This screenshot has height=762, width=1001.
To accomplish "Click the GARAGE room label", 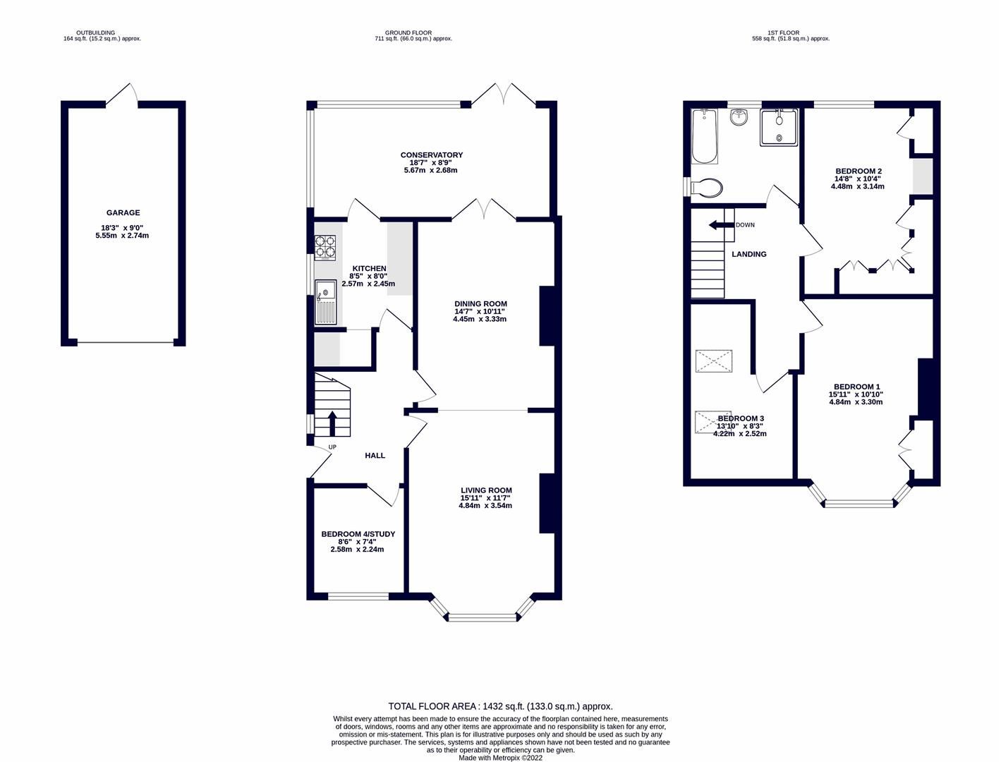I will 123,212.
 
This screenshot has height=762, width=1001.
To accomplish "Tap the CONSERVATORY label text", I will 431,155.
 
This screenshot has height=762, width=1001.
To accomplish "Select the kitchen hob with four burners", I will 324,247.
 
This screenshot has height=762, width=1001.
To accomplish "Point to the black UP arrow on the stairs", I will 332,422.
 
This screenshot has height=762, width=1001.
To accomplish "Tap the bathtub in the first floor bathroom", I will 704,135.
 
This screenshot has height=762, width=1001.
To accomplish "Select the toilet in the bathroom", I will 707,188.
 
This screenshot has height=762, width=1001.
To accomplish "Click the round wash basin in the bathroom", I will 739,117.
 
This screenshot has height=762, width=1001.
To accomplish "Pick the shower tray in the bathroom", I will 779,127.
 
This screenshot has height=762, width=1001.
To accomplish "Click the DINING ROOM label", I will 480,304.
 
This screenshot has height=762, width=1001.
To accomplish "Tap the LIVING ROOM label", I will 486,490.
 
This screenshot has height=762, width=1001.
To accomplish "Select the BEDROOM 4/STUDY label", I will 358,534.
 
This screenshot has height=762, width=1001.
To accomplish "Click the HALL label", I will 375,456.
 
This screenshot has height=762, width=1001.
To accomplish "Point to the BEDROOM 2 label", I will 858,171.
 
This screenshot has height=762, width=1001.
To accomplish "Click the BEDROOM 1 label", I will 856,387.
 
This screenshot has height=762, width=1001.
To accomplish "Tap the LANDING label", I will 748,254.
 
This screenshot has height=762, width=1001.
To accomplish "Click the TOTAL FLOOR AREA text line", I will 500,706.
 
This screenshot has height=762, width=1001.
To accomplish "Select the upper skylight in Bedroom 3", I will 715,361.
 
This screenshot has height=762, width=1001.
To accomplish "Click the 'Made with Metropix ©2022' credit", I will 500,758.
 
